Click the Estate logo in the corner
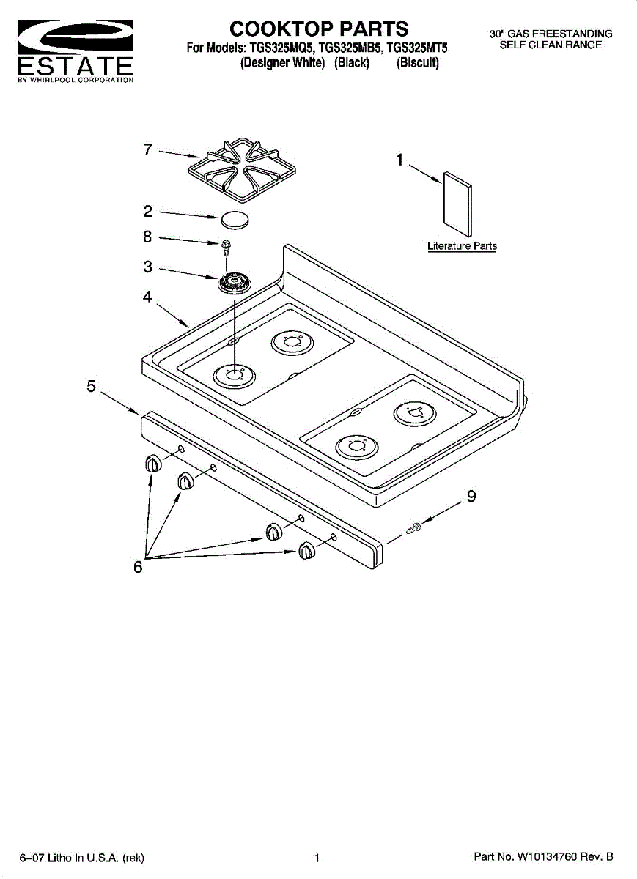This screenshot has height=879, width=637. point(75,51)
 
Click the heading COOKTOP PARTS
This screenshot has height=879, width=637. point(319,29)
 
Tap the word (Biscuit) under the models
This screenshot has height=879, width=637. point(417,64)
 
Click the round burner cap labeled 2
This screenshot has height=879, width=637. point(235,218)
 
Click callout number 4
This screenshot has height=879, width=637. point(147,297)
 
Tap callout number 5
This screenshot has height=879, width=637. point(91,386)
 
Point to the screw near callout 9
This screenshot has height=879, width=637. point(413,527)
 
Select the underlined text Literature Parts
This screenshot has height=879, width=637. point(462,246)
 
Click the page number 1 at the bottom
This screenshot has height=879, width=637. point(317,857)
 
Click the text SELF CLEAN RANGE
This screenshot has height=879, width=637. point(551,45)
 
